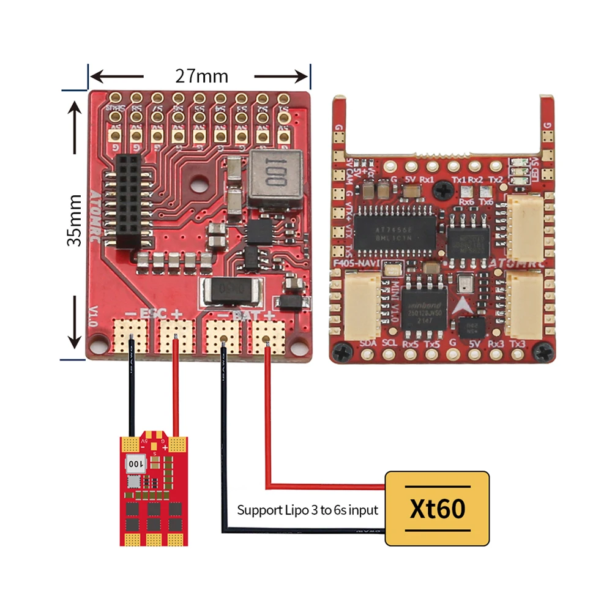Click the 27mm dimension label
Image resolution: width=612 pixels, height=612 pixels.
(201, 76)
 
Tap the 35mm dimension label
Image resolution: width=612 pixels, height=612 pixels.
(75, 220)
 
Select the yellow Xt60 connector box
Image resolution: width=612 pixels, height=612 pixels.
(437, 508)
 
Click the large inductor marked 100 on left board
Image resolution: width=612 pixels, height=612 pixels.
(275, 178)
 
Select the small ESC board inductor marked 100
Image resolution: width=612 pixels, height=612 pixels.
(136, 463)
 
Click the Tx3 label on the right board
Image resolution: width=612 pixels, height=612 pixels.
(517, 344)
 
